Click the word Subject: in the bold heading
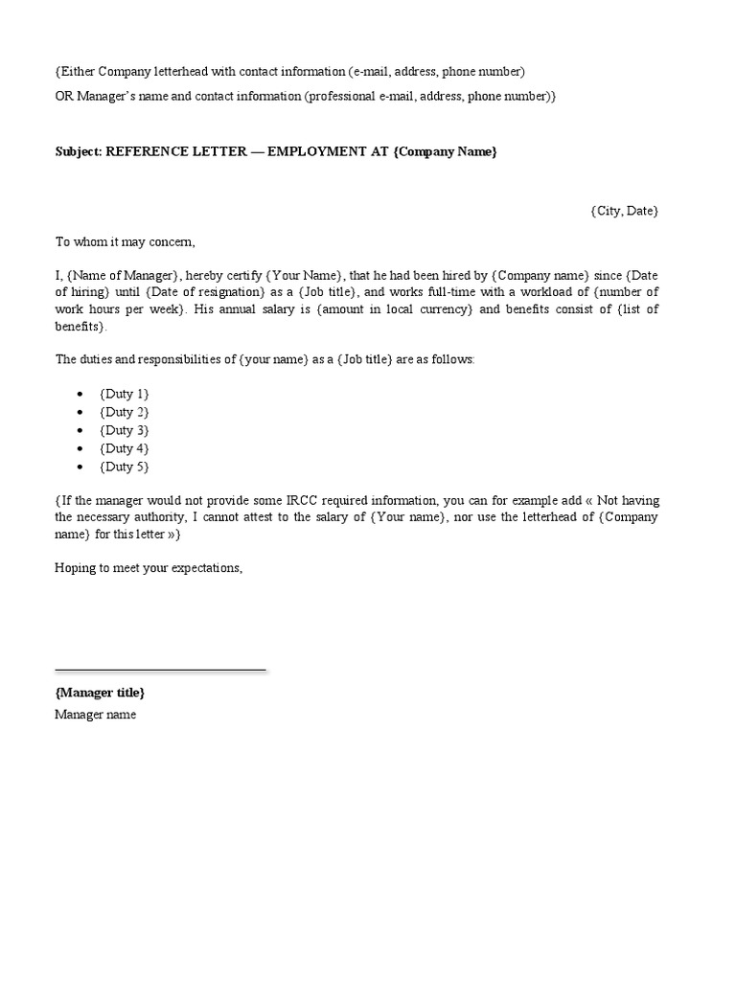coord(78,152)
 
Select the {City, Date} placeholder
coord(624,211)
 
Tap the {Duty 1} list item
coord(124,394)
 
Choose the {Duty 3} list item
coord(124,430)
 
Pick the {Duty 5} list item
coord(124,467)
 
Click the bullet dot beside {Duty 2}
coord(80,413)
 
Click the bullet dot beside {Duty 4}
coord(80,449)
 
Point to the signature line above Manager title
coord(160,670)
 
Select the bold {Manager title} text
coord(100,692)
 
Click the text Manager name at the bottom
coord(95,715)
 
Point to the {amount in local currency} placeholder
coord(394,308)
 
